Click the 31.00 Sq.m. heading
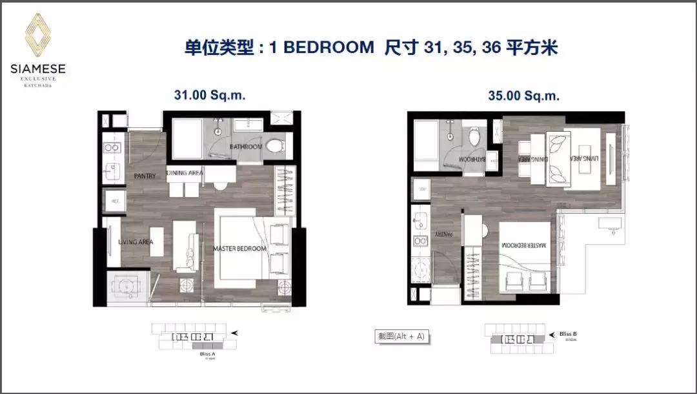click(x=210, y=95)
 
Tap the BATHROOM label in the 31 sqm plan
click(x=245, y=147)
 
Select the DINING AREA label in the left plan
click(x=185, y=172)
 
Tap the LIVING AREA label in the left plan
click(x=136, y=242)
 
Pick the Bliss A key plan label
click(x=208, y=354)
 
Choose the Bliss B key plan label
click(x=568, y=334)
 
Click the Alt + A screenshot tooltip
click(x=401, y=337)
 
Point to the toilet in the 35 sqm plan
click(x=475, y=136)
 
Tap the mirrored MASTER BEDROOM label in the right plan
click(x=524, y=245)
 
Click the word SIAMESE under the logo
click(x=37, y=68)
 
